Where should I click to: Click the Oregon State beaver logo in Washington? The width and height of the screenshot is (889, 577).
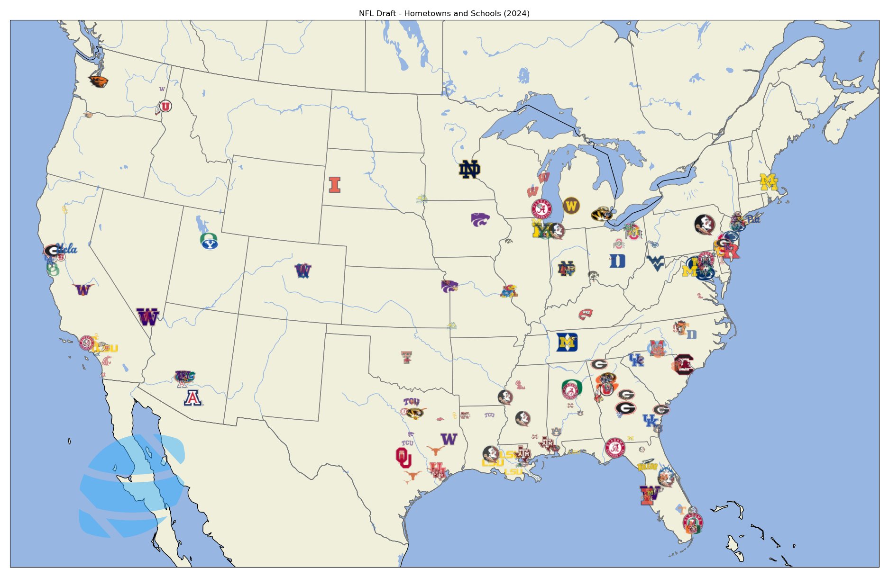tap(99, 81)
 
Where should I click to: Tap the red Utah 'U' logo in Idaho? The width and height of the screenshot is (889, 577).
tap(165, 107)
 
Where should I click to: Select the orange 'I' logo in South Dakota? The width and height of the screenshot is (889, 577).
tap(335, 184)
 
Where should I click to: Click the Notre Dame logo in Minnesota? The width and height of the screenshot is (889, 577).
tap(469, 169)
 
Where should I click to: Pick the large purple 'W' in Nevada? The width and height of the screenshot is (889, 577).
tap(147, 317)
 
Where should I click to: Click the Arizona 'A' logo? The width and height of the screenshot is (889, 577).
tap(193, 397)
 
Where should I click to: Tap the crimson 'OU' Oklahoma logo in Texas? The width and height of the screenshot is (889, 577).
tap(403, 457)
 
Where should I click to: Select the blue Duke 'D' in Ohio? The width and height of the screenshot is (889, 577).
tap(617, 261)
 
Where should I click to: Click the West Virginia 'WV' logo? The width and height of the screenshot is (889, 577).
tap(656, 263)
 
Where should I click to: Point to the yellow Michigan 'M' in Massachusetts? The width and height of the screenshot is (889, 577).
tap(769, 182)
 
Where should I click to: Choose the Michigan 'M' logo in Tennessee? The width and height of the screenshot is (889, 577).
tap(567, 342)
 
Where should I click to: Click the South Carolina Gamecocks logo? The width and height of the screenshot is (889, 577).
tap(683, 364)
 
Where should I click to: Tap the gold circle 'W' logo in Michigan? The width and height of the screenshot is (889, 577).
tap(571, 206)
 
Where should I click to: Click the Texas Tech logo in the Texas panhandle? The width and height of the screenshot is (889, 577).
tap(406, 357)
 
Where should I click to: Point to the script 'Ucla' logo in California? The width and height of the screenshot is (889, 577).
tap(66, 249)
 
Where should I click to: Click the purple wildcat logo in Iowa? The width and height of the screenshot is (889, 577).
tap(480, 219)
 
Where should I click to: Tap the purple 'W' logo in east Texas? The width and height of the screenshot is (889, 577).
tap(449, 439)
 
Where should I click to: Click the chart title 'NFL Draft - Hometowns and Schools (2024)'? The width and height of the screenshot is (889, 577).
tap(444, 13)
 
